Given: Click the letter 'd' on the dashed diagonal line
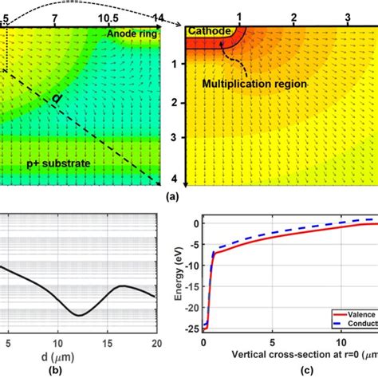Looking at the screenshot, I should coord(57,98).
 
